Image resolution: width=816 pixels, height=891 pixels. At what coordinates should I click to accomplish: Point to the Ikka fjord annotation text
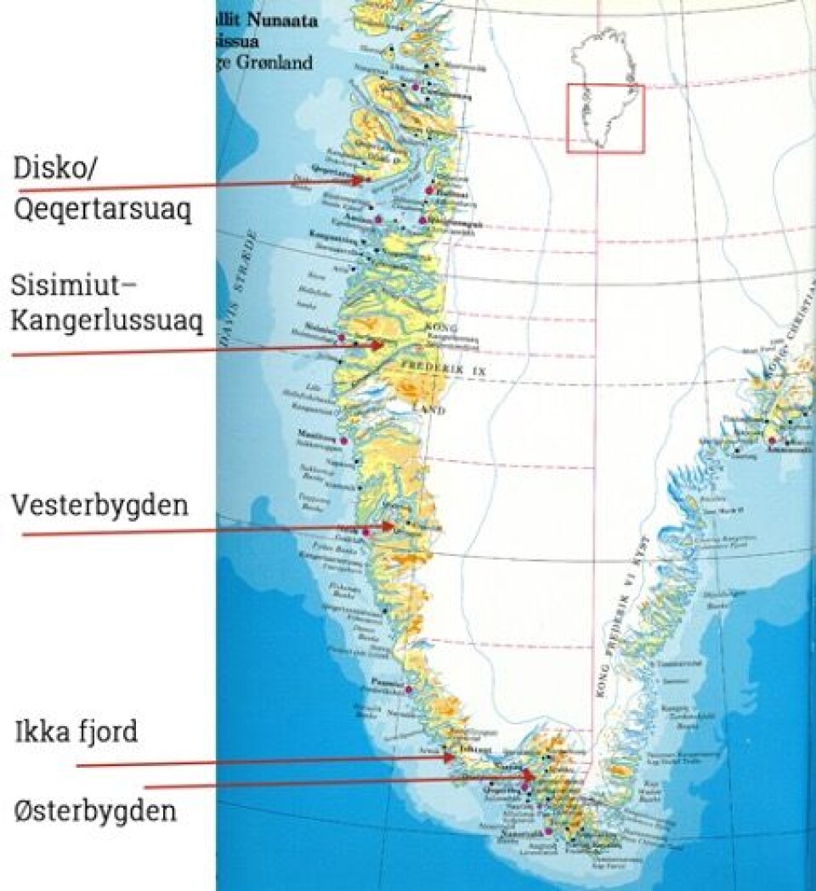coord(75,732)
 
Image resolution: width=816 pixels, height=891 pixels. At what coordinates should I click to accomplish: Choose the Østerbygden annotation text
coord(95,810)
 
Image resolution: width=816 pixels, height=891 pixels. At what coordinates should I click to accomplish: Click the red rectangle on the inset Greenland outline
coord(605,119)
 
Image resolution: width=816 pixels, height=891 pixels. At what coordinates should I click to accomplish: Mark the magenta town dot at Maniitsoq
coord(343,440)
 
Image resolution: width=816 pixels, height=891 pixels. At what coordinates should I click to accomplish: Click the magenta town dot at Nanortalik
coord(548,831)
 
